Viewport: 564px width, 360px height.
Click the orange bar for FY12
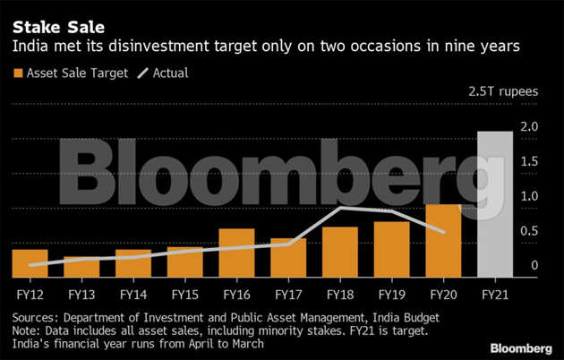click(30, 263)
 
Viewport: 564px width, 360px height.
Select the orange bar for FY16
click(236, 253)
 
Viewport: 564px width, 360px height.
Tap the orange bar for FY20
click(443, 240)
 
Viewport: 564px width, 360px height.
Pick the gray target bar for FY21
click(494, 204)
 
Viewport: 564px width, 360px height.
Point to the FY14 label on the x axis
click(133, 293)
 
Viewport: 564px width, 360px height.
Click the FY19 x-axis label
click(391, 293)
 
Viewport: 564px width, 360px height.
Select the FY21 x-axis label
click(495, 293)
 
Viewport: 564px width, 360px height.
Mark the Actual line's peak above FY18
click(341, 208)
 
